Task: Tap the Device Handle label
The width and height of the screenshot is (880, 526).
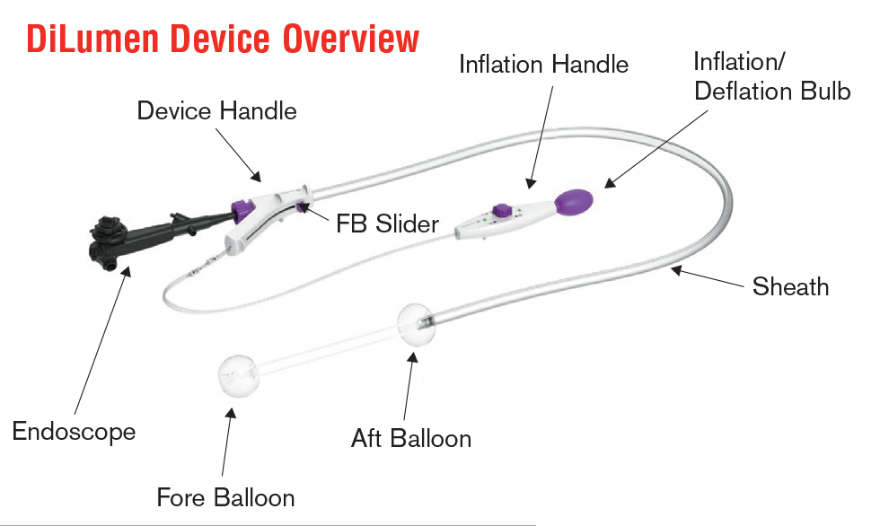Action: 216,111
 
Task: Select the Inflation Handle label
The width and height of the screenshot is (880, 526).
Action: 543,65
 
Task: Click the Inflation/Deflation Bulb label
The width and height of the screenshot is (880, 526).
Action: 771,76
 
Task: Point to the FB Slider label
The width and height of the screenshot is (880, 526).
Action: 387,222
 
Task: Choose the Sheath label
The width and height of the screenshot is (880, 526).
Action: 790,286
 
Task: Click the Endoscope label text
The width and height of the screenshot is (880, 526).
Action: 74,431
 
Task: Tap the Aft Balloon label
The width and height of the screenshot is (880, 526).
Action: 411,438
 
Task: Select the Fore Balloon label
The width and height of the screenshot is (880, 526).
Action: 225,496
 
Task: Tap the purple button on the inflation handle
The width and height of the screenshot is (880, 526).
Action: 503,213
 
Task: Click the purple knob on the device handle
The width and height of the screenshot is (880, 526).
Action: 241,208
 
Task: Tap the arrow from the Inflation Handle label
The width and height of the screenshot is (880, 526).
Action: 540,136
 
